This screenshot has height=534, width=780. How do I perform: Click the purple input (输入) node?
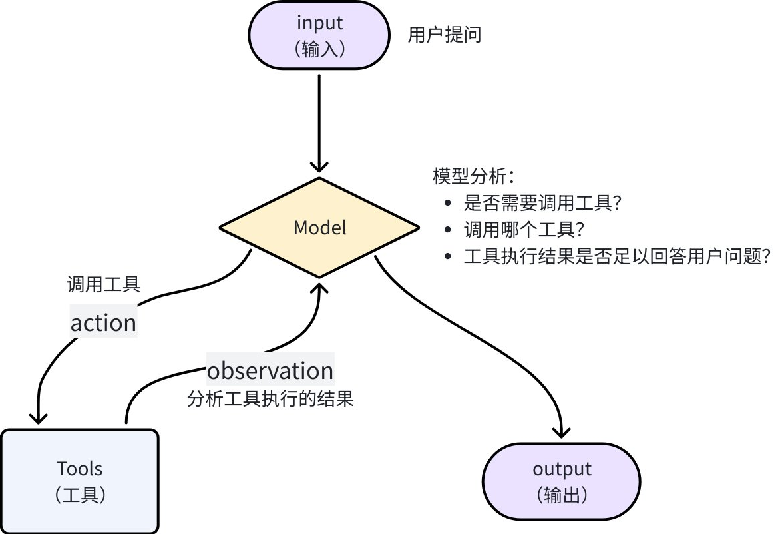point(319,35)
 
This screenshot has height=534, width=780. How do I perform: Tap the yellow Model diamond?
point(319,228)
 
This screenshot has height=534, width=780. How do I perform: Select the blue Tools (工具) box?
point(80,481)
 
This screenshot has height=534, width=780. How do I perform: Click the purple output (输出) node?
point(562,481)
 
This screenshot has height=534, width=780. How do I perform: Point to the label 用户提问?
point(444,35)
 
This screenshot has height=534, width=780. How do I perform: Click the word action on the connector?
point(103,322)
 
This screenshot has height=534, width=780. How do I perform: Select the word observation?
point(270,370)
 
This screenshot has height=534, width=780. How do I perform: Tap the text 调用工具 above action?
point(103,284)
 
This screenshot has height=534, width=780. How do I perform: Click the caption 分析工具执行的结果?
point(270,399)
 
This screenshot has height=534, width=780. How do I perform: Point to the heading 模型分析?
point(474,176)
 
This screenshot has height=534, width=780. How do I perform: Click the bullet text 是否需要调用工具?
point(542,203)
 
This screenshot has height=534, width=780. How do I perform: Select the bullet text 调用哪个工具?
point(524,230)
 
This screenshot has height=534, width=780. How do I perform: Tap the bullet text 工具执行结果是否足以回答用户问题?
point(617,257)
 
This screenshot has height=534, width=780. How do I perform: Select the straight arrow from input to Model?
point(319,123)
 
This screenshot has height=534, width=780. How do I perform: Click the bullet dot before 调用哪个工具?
point(448,230)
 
